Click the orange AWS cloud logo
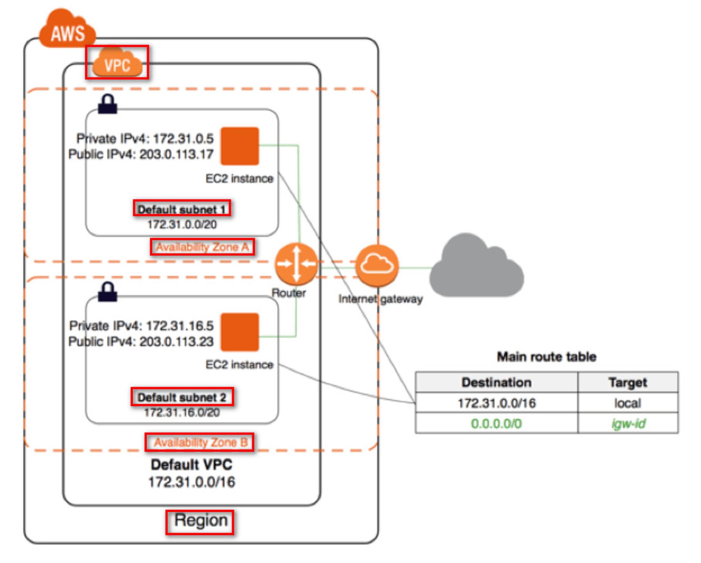pos(67,30)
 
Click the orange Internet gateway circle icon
pos(377,265)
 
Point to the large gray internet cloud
pos(477,268)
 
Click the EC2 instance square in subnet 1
pos(240,146)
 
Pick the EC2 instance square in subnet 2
pos(240,332)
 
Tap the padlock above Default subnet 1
pos(108,104)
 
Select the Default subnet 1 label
pos(182,209)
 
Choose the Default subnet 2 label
pos(182,397)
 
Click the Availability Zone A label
pos(202,247)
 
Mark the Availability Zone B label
pos(200,442)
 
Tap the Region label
pos(200,521)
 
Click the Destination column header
pos(496,382)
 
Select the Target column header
pos(627,382)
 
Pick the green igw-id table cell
pos(628,424)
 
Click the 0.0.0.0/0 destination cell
pos(496,424)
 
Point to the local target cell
pos(627,403)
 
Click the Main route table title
pos(546,357)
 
